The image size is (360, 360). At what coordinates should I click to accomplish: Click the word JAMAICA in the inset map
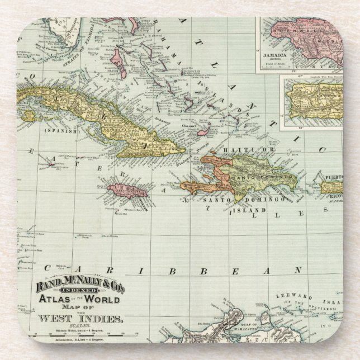276,56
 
